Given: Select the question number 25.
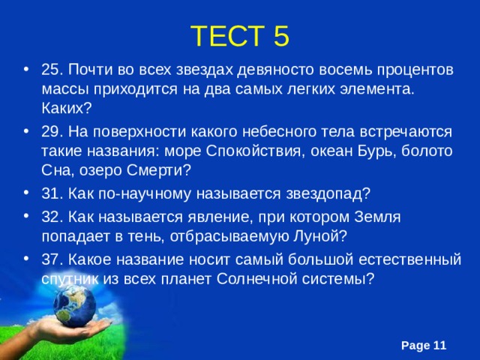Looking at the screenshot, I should (x=52, y=70).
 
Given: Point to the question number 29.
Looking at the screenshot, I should (x=52, y=131).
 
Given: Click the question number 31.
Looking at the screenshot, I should (x=52, y=193).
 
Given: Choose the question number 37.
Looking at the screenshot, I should (x=52, y=260).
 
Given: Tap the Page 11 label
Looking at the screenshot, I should (x=424, y=345).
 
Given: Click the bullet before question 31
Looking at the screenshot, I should (x=28, y=193).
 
